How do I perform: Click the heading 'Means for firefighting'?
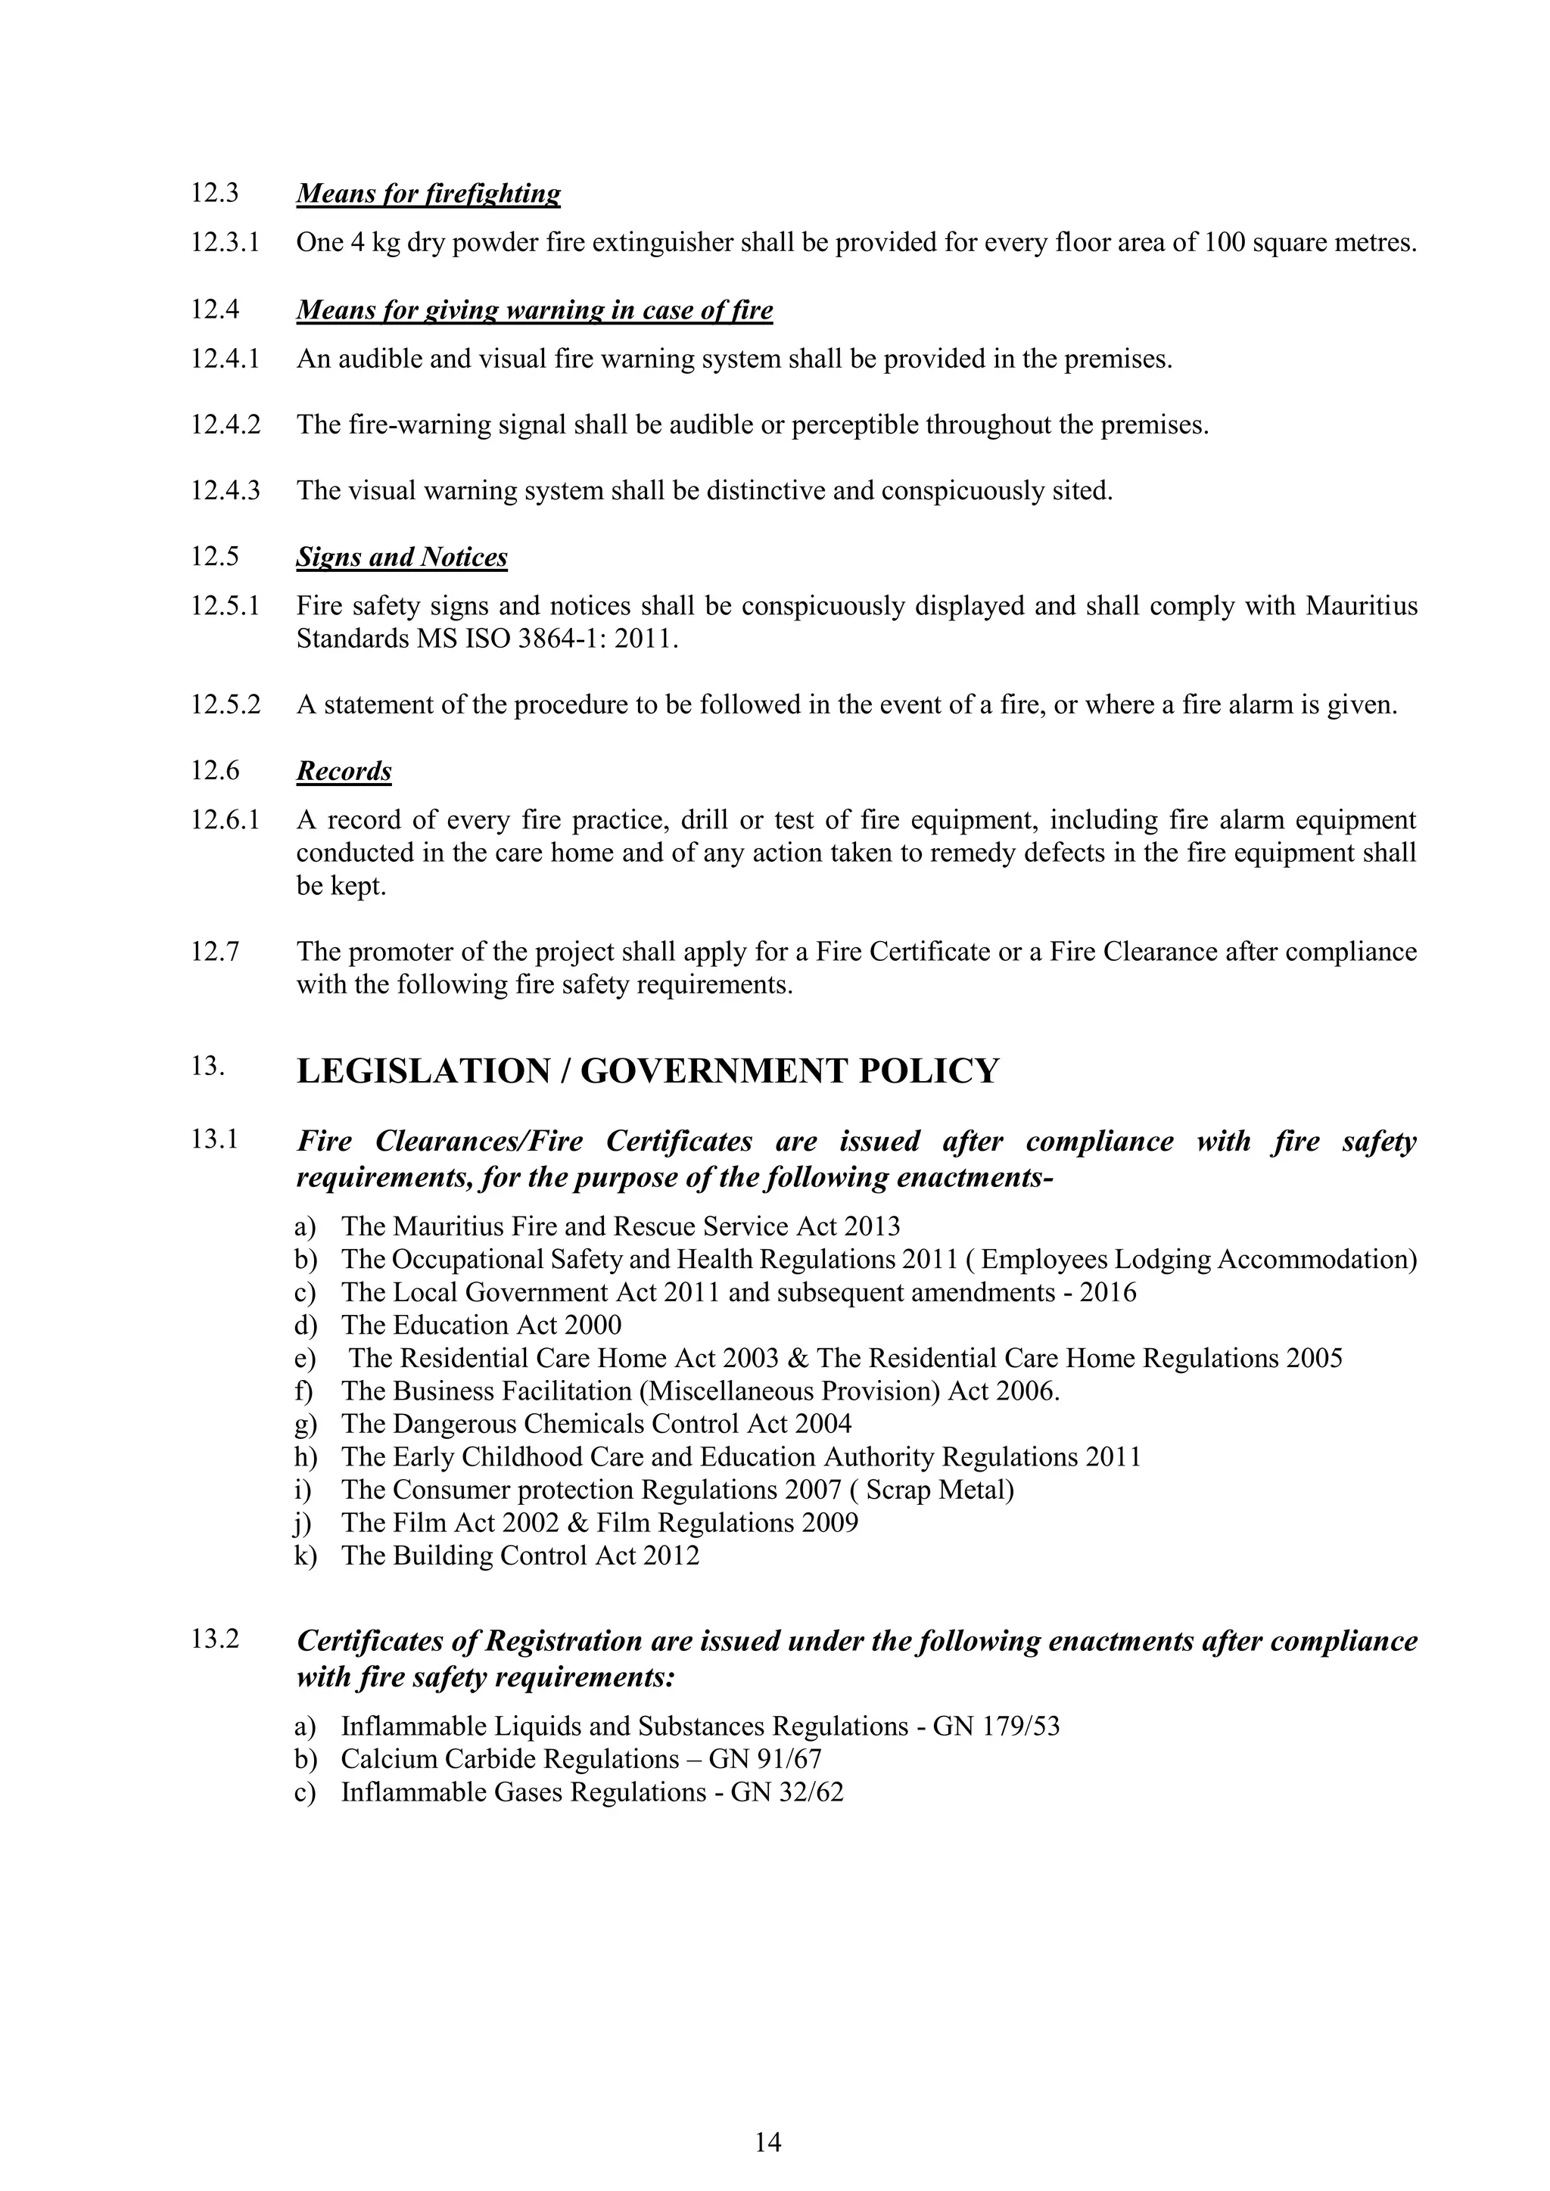428,194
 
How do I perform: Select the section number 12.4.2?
226,424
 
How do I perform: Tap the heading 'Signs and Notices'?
401,558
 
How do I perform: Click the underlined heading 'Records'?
344,771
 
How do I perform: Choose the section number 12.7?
215,952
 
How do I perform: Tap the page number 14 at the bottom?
767,2143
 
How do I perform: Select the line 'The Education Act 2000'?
481,1325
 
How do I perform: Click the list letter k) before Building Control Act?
306,1555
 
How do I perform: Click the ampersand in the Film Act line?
575,1523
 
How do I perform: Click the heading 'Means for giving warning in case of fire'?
534,310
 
